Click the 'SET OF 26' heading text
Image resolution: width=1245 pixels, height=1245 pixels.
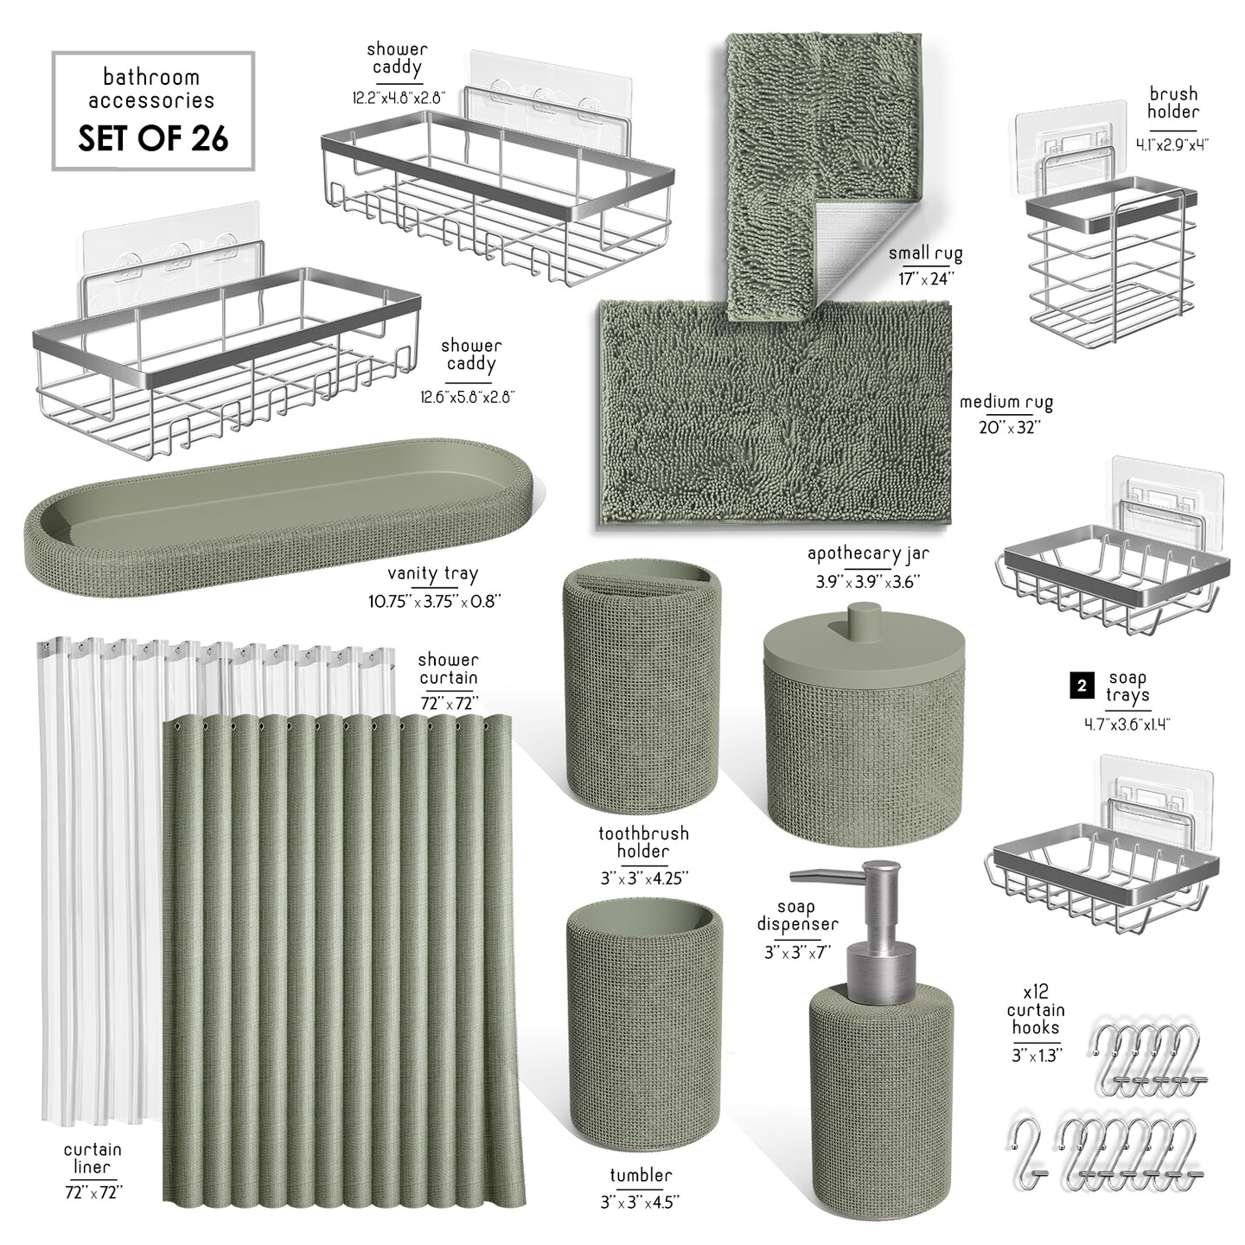tap(153, 138)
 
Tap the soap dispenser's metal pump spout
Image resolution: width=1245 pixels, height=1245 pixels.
tap(818, 876)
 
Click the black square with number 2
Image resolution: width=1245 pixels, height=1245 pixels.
tap(1082, 686)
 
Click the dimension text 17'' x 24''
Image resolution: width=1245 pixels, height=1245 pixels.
tap(926, 279)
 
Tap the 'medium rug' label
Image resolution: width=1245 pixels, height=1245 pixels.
tap(1006, 403)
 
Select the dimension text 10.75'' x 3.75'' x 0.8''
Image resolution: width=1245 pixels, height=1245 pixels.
tap(435, 602)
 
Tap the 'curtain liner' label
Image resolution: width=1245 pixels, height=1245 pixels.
tap(93, 1159)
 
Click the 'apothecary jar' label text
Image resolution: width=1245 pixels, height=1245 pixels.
tap(868, 553)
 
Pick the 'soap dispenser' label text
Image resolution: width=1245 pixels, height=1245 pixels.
tap(798, 916)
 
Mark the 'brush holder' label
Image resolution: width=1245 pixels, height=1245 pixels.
tap(1172, 102)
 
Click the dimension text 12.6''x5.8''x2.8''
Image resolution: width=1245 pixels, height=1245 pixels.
tap(468, 397)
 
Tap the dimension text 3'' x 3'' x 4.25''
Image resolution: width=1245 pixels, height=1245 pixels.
tap(644, 878)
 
